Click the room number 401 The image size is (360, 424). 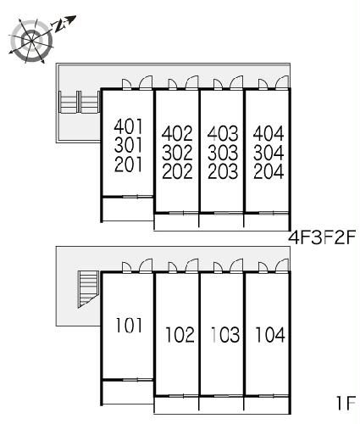pyautogui.click(x=129, y=126)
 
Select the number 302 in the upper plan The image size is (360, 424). pyautogui.click(x=177, y=153)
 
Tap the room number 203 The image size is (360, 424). pyautogui.click(x=223, y=171)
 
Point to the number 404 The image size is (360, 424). pyautogui.click(x=269, y=133)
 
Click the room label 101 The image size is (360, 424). pyautogui.click(x=129, y=325)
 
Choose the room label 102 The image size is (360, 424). pyautogui.click(x=180, y=335)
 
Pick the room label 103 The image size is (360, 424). pyautogui.click(x=225, y=335)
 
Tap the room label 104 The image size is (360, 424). pyautogui.click(x=270, y=335)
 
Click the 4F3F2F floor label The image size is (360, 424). pyautogui.click(x=322, y=237)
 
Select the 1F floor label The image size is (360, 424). pyautogui.click(x=346, y=403)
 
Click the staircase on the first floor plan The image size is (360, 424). pyautogui.click(x=88, y=289)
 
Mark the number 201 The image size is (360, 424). pyautogui.click(x=129, y=165)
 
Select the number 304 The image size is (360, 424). pyautogui.click(x=269, y=153)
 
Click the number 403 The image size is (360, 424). pyautogui.click(x=223, y=133)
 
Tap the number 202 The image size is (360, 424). pyautogui.click(x=177, y=171)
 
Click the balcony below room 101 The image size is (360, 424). pyautogui.click(x=128, y=393)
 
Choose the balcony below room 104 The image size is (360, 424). pyautogui.click(x=266, y=405)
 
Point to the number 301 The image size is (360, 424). pyautogui.click(x=129, y=145)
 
